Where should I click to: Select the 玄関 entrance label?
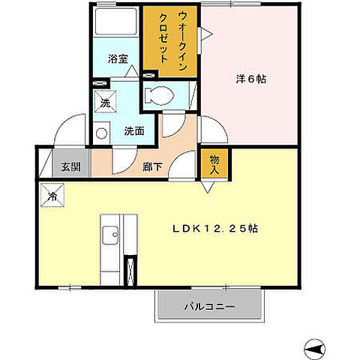pyautogui.click(x=70, y=166)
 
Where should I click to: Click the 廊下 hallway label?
pyautogui.click(x=152, y=166)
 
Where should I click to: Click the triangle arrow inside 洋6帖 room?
pyautogui.click(x=207, y=31)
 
